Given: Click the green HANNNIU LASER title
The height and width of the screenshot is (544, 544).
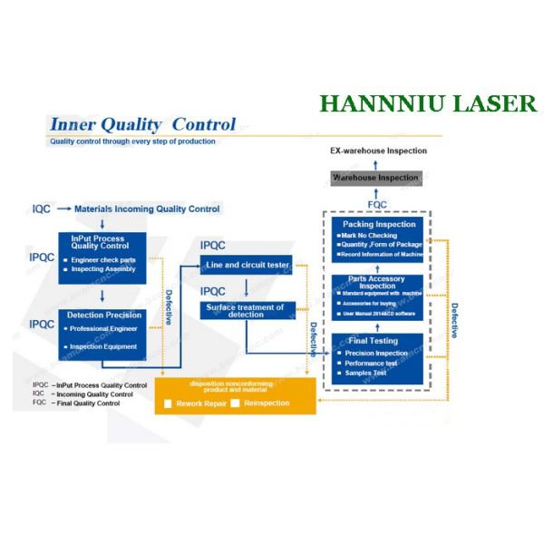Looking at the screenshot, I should coord(428,103).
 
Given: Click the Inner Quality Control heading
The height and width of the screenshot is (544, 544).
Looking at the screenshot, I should coord(142,125).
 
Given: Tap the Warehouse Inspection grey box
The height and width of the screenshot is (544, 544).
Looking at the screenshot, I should coord(374,179).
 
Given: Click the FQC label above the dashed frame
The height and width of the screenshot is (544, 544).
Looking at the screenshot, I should coord(377,205).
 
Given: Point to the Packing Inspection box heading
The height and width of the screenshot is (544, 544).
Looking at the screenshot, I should coord(378,224).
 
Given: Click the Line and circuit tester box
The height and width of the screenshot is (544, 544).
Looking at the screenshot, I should coord(247,265).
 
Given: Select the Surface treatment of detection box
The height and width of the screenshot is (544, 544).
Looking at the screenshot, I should coord(247,310).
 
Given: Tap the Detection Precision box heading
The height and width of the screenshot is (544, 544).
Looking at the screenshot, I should coord(103,315).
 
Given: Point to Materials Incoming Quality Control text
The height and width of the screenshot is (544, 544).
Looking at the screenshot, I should coord(147,209).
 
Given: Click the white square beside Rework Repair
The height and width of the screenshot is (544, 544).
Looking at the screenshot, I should coord(168,403).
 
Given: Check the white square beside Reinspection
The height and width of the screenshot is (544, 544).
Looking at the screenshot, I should coord(236,403).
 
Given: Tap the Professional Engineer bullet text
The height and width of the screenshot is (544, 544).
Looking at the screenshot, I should coord(103,328).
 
